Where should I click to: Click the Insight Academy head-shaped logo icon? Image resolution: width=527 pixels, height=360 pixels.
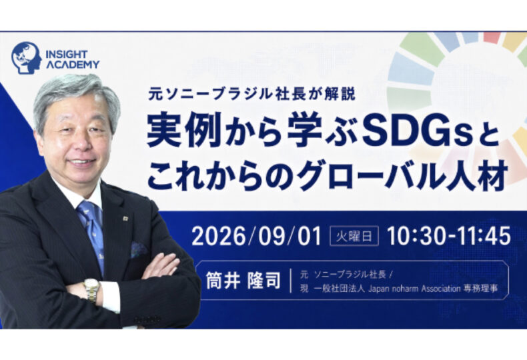pyautogui.click(x=27, y=57)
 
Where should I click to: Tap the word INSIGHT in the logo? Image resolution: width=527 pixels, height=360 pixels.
pyautogui.click(x=66, y=54)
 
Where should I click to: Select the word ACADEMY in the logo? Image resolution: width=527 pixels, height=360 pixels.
pyautogui.click(x=73, y=65)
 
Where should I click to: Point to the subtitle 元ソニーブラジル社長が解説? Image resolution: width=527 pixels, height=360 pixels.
pyautogui.click(x=251, y=94)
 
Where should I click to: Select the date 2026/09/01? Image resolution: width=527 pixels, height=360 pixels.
pyautogui.click(x=256, y=236)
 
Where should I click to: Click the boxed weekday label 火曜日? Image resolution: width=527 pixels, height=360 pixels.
pyautogui.click(x=354, y=237)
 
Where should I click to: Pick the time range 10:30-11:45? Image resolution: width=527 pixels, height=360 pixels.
pyautogui.click(x=449, y=236)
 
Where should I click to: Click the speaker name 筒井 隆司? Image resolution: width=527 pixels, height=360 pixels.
pyautogui.click(x=243, y=281)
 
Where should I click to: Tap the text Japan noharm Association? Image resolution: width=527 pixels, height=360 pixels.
pyautogui.click(x=414, y=288)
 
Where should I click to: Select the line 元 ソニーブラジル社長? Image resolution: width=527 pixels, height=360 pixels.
pyautogui.click(x=343, y=275)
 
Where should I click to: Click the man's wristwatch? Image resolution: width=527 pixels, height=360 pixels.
pyautogui.click(x=92, y=289)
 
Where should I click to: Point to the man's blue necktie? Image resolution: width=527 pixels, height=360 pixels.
pyautogui.click(x=91, y=233)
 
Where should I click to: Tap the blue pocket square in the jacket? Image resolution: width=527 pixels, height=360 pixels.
pyautogui.click(x=138, y=250)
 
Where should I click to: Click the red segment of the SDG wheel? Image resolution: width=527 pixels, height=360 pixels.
pyautogui.click(x=493, y=37)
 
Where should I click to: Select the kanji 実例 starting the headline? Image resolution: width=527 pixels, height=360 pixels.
pyautogui.click(x=184, y=134)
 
